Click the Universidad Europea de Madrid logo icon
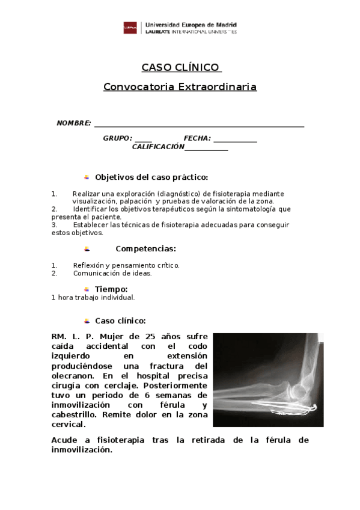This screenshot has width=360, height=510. tap(129, 28)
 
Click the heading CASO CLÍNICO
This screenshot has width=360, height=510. tap(181, 67)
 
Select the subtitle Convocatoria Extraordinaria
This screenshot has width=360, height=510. tap(180, 87)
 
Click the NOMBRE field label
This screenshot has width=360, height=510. tap(73, 123)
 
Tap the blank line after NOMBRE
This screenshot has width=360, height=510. tap(198, 125)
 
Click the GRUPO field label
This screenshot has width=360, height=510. tap(117, 138)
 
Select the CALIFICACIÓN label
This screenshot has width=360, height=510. tap(157, 147)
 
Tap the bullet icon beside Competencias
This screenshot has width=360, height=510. tap(87, 248)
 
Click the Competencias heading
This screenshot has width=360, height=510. tap(145, 248)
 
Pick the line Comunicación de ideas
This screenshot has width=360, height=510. tap(112, 272)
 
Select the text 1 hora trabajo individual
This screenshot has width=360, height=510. tap(93, 297)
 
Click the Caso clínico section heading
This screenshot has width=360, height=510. tap(120, 321)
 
